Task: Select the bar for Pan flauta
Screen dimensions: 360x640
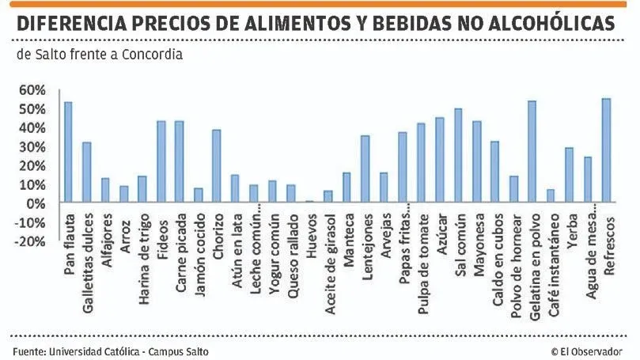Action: click(68, 153)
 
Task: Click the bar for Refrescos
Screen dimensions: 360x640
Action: click(607, 150)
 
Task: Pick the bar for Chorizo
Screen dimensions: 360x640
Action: click(217, 166)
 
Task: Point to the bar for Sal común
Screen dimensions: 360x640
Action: click(458, 156)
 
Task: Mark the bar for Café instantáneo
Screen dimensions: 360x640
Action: click(551, 196)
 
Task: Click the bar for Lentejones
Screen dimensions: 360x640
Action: click(365, 169)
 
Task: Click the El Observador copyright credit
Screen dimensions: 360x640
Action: click(586, 351)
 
